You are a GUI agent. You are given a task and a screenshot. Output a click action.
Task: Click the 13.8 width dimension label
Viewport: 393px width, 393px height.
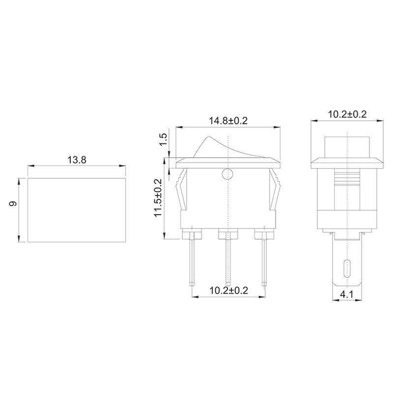coord(77,160)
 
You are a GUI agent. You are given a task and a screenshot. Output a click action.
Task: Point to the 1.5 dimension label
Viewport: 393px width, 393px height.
coord(164,139)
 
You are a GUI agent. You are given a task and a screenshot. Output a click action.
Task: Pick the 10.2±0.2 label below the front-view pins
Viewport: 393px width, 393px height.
coord(228,290)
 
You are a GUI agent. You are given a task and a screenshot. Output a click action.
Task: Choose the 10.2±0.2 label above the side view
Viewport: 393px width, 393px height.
coord(347,114)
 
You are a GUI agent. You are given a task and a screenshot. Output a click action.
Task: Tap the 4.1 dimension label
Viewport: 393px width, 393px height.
coord(347,296)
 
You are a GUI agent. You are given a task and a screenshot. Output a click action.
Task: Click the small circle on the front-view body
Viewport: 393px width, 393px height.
coord(227,173)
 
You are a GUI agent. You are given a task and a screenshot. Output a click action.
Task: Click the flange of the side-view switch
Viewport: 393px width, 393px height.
coord(347,163)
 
